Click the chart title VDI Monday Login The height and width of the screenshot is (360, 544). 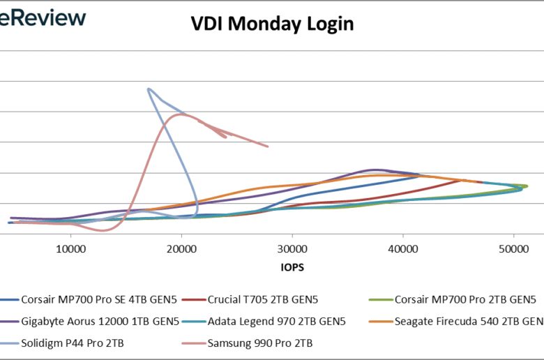pos(273,24)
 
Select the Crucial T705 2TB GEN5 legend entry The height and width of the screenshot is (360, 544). pos(263,300)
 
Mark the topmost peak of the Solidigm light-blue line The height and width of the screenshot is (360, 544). pos(149,89)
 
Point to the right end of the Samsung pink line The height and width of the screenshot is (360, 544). pos(268,147)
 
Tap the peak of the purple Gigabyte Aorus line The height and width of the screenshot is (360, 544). pos(375,170)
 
